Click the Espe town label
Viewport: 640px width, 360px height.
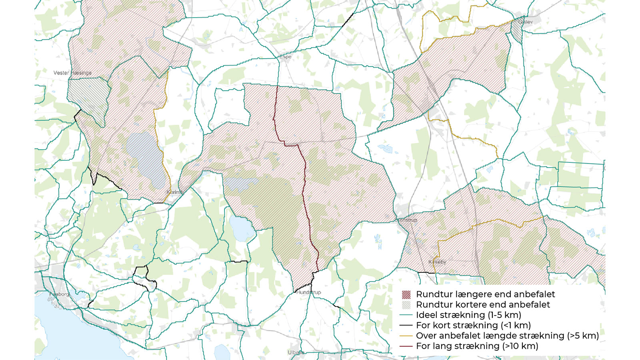point(285,57)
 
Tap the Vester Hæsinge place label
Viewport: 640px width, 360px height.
point(72,73)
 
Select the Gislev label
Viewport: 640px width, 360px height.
point(526,22)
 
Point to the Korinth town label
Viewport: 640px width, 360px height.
point(175,192)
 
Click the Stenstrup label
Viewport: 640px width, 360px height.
point(406,220)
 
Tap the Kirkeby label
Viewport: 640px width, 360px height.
point(437,262)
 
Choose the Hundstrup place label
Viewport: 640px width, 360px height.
point(308,292)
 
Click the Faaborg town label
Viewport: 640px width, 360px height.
point(59,294)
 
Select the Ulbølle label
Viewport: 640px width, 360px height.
point(296,352)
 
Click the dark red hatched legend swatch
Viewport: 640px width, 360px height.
point(406,295)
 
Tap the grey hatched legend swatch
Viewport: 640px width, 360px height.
point(406,305)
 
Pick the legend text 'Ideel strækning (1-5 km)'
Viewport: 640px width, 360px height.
point(468,315)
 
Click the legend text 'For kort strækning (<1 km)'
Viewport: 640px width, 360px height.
point(473,326)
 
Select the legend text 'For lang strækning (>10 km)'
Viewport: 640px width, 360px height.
point(477,346)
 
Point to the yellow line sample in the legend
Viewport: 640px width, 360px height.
point(406,336)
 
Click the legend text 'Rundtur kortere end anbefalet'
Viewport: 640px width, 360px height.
point(483,305)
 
